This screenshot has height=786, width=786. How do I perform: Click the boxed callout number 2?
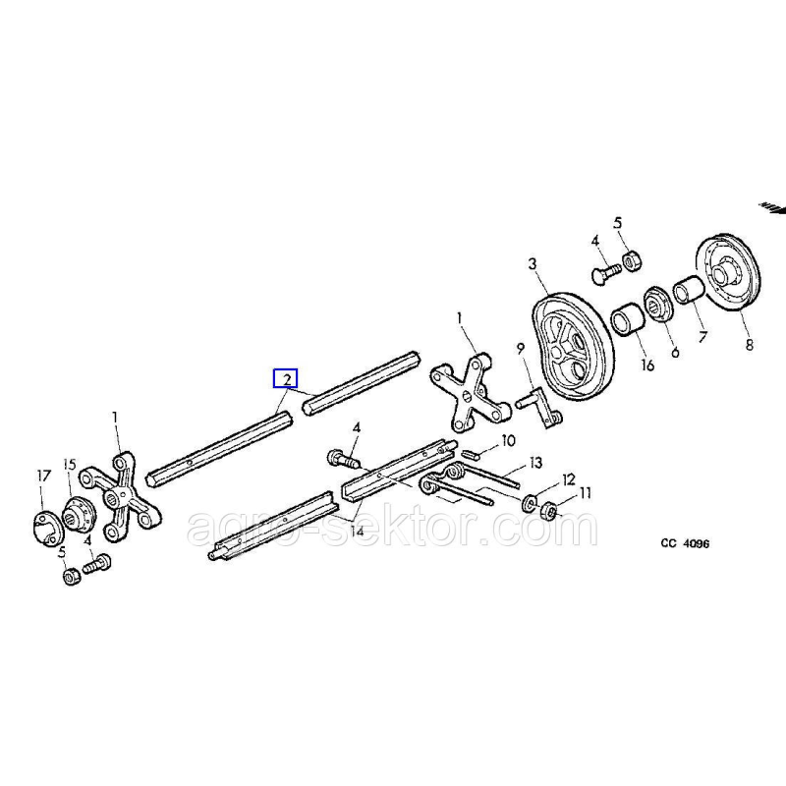[285, 378]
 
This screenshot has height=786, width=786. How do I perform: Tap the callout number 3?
[532, 263]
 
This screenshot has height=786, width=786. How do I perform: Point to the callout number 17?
[43, 476]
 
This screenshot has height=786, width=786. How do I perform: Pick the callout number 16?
[646, 365]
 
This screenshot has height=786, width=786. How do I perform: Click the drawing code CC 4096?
[685, 543]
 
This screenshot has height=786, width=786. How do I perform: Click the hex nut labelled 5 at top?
[633, 259]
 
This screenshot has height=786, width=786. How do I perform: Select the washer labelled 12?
[530, 498]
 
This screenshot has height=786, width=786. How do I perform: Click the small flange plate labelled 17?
[42, 522]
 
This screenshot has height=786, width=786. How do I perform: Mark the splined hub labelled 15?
[76, 512]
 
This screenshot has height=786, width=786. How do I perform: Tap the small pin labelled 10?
[470, 454]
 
